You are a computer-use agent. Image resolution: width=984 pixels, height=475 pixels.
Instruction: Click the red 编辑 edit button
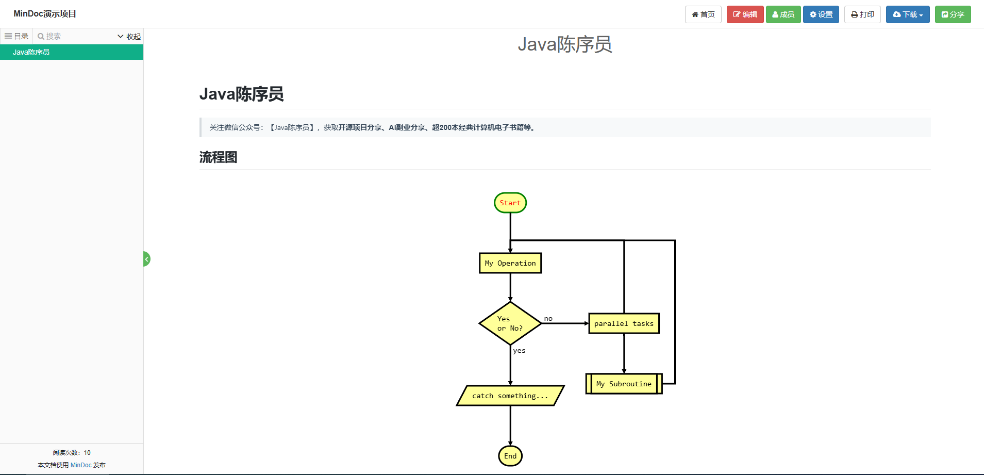point(745,14)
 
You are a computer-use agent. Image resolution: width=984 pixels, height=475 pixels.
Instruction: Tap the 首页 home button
point(703,14)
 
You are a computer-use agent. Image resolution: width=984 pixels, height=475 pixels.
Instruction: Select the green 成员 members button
point(783,14)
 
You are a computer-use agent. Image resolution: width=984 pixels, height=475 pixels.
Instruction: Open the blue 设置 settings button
point(821,14)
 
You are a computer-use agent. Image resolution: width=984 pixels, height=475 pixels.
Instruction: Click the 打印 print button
point(862,14)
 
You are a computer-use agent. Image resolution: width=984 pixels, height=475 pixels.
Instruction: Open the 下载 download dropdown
point(908,14)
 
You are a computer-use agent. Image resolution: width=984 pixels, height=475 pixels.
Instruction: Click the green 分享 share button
point(953,14)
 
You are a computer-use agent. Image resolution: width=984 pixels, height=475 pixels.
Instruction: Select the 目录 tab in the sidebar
point(16,36)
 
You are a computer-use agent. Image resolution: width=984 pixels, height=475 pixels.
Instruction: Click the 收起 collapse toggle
point(129,36)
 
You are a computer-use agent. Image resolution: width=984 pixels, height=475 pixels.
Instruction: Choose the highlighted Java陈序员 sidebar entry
point(31,52)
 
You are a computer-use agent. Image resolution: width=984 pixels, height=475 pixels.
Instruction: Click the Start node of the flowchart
point(510,203)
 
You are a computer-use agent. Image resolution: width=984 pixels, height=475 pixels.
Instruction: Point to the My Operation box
point(510,263)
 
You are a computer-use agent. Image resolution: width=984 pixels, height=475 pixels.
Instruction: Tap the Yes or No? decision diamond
point(510,323)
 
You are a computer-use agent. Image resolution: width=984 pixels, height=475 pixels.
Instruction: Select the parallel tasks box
point(624,323)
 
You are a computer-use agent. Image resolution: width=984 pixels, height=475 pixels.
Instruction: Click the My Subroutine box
point(624,384)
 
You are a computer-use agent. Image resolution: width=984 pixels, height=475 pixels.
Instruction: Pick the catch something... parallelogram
point(510,396)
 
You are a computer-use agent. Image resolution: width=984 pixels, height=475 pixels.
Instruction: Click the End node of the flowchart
point(510,456)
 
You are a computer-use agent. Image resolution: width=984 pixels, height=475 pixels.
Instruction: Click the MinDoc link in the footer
point(81,465)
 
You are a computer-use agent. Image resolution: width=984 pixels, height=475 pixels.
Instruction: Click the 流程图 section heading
point(219,157)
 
